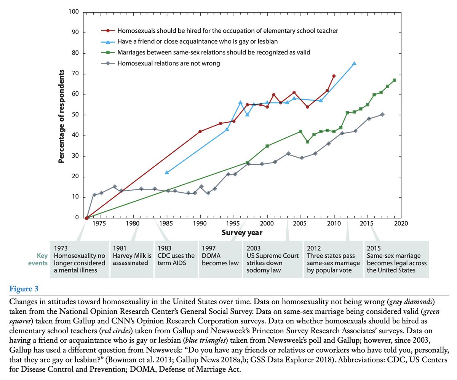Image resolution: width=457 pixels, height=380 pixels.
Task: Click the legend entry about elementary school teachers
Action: (x=227, y=30)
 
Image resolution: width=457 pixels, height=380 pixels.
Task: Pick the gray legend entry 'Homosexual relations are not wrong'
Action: (x=169, y=63)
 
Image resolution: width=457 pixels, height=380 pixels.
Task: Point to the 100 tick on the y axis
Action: (x=74, y=12)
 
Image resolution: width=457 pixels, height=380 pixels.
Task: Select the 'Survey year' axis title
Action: (x=242, y=232)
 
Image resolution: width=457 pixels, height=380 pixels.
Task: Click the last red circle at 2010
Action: (x=334, y=76)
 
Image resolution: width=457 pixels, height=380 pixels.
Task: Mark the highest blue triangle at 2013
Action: (x=354, y=63)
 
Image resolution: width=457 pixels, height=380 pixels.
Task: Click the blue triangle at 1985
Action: (x=166, y=172)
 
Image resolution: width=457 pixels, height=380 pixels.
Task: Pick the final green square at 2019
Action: (x=395, y=80)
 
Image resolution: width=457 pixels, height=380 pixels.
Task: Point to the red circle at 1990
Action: (x=200, y=131)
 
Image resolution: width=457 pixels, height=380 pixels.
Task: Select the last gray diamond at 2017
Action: (x=382, y=114)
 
